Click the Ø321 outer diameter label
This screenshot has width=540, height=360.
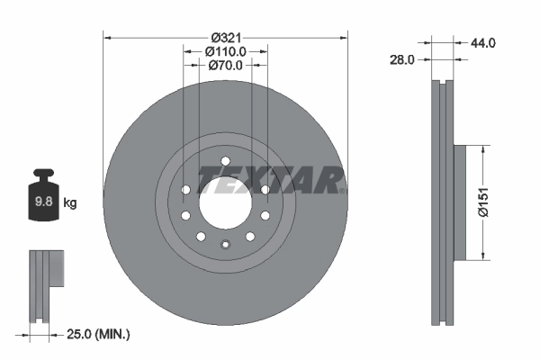[225, 38]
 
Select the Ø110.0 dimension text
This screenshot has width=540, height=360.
[225, 51]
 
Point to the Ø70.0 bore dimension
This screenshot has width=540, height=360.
[225, 65]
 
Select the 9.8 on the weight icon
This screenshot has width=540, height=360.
[43, 202]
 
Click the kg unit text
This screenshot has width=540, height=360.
[69, 202]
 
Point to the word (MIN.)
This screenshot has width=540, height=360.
[113, 335]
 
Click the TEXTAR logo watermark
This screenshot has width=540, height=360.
[271, 179]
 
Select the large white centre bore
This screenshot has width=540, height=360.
[224, 201]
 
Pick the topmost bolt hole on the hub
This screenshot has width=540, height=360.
[224, 162]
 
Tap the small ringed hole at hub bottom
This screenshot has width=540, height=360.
[224, 245]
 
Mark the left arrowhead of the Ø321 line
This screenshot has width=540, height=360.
[107, 38]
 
